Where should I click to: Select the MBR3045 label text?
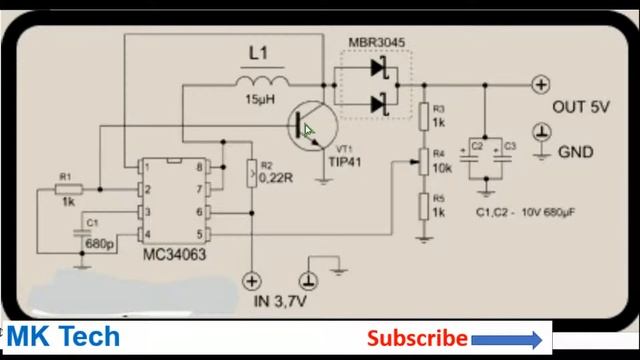[x=377, y=42]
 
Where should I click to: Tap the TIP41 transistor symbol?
[x=306, y=129]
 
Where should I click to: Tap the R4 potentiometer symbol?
[x=424, y=160]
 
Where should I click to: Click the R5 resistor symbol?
[x=424, y=207]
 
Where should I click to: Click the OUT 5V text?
[x=580, y=108]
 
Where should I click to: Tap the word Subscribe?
[x=417, y=339]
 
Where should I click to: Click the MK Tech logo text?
[x=63, y=337]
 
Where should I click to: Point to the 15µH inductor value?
[x=260, y=99]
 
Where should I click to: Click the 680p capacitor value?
[x=99, y=244]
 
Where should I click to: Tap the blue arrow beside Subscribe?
[x=511, y=339]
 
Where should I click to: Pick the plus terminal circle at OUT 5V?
[x=541, y=85]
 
